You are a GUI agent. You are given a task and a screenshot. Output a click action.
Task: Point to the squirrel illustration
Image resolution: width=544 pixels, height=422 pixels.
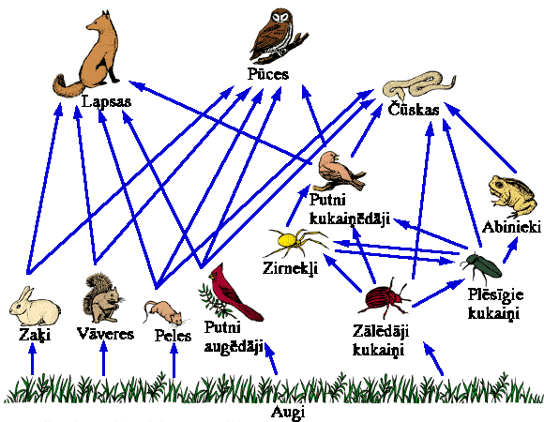click(103, 297)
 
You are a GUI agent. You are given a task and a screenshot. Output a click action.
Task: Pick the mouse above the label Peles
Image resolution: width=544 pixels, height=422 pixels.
click(164, 313)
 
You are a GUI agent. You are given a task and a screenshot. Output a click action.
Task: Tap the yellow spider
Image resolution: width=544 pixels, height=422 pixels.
click(295, 242)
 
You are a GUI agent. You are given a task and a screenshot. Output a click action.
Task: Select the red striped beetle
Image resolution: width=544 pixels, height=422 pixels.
click(385, 297)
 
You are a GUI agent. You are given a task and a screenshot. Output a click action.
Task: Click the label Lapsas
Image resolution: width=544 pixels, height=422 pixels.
click(107, 102)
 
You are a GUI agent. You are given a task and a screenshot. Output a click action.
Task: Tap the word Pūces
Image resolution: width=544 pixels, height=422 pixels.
click(268, 73)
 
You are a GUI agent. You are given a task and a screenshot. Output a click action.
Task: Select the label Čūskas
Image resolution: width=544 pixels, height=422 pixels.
click(414, 110)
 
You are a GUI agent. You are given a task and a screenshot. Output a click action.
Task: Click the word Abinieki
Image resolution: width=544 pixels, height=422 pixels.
click(511, 227)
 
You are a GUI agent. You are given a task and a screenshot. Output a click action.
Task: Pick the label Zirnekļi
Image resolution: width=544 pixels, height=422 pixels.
click(290, 268)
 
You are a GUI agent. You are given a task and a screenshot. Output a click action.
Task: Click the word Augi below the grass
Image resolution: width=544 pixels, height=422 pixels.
click(288, 413)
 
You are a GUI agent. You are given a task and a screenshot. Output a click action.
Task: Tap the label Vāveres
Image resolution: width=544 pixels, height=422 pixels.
click(105, 334)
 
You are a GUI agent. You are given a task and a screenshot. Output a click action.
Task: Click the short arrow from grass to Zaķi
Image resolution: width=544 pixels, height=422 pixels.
click(32, 359)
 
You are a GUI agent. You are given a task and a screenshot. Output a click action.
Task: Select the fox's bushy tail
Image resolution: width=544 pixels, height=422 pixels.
click(67, 86)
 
